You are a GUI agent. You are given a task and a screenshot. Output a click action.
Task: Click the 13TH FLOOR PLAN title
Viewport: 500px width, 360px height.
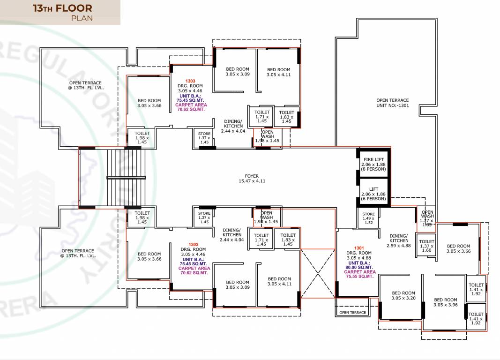62,13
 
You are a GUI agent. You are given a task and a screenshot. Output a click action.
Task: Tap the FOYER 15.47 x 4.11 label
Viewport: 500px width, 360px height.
252,179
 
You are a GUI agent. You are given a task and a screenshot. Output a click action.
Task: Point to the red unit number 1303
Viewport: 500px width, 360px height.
190,81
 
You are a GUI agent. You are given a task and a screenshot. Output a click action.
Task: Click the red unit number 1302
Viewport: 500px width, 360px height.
193,245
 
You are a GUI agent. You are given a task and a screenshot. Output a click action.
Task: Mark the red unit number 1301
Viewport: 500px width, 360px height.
358,247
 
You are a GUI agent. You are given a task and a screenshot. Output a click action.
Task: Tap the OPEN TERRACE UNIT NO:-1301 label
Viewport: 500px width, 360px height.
392,103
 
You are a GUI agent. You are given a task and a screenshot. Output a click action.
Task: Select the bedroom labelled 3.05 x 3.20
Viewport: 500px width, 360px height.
403,295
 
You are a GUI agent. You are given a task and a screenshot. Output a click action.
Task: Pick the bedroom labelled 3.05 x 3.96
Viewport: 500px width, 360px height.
445,302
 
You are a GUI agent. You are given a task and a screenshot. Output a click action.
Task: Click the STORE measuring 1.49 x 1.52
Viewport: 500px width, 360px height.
368,218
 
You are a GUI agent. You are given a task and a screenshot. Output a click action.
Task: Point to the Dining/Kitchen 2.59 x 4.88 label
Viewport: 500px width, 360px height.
398,240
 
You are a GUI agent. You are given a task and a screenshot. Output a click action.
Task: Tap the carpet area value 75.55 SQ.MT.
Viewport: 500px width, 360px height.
359,277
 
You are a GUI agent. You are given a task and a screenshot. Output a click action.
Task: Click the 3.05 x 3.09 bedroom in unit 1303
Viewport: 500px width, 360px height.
238,71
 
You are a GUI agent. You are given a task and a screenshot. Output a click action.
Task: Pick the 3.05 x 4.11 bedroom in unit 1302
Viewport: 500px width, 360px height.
279,281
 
